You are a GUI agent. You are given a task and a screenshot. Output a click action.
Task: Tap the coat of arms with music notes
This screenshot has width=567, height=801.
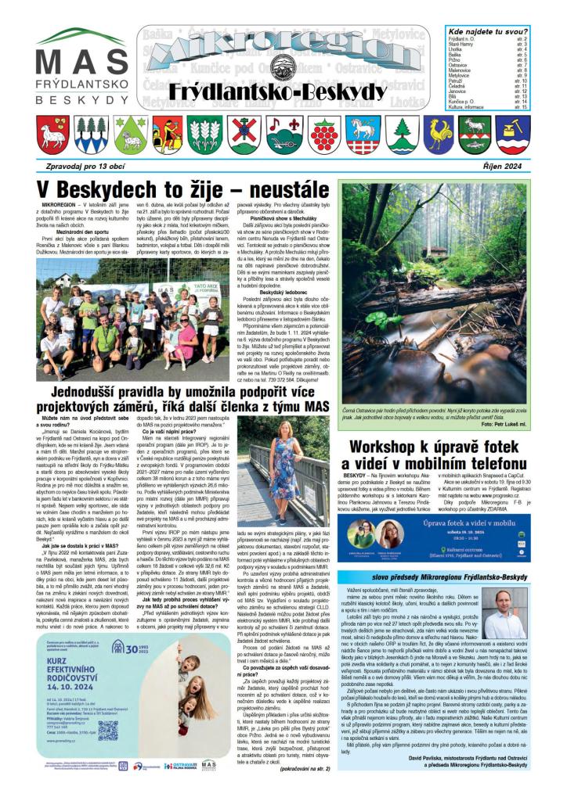click(278, 135)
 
